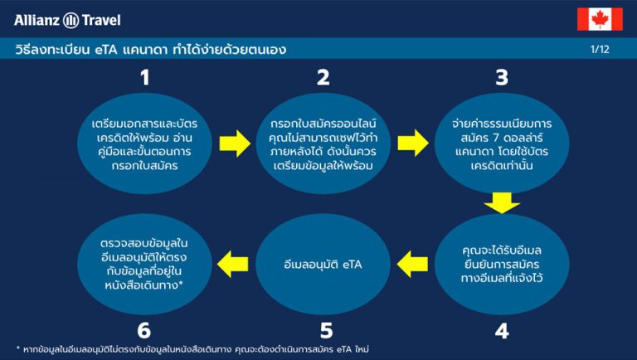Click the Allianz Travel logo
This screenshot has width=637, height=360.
coord(62,19)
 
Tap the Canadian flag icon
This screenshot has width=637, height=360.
coord(600,19)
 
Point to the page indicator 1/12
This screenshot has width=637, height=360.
coord(600,50)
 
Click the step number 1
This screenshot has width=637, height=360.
coord(145,79)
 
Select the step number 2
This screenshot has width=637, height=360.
coord(323,79)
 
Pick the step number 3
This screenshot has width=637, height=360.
coord(501,79)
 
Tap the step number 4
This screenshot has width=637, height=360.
coord(501,330)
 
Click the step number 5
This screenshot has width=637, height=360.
coord(323,330)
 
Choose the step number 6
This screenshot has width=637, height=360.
coord(144,330)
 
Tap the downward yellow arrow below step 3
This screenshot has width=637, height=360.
coord(501,202)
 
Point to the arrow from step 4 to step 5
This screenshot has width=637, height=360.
coord(412,265)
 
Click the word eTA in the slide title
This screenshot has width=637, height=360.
coord(109,50)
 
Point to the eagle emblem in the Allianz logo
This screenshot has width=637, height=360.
coord(71,19)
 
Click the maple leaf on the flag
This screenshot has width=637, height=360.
coord(600,19)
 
